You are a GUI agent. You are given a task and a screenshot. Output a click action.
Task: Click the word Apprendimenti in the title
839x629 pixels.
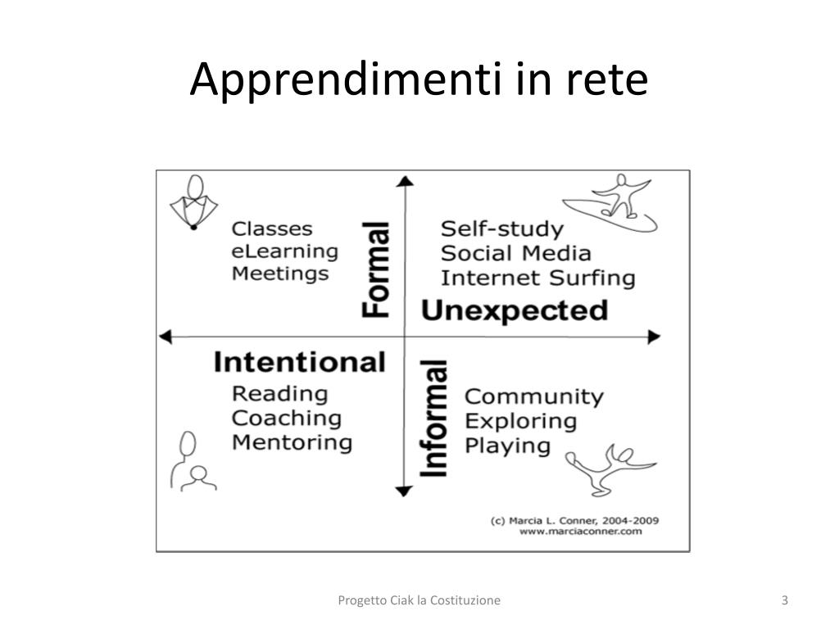346,79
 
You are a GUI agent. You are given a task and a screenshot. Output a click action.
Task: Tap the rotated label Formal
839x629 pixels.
375,269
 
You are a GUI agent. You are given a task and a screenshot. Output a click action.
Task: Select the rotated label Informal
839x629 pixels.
433,419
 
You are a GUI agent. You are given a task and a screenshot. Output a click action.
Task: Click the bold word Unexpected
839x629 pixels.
515,310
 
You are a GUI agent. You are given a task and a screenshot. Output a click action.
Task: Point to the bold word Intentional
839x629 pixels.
300,362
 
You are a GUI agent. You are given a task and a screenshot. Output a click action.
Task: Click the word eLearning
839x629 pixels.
284,252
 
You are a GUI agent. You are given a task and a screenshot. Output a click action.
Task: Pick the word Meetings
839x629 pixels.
280,274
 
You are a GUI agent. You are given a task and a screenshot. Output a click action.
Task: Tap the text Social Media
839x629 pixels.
516,254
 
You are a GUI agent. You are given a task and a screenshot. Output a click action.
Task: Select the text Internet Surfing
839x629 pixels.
538,278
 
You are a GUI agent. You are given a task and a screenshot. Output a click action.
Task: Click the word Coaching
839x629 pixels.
287,419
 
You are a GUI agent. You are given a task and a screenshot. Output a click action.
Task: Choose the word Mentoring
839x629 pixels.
293,443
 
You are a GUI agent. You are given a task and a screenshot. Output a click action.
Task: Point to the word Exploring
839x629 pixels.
520,422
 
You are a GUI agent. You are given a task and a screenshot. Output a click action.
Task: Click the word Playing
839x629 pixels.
507,446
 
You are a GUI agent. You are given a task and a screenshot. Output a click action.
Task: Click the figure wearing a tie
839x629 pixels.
193,202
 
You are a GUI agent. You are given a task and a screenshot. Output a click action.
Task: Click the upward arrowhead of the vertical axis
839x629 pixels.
405,181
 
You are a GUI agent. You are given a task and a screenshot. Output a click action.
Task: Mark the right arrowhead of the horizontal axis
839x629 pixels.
655,337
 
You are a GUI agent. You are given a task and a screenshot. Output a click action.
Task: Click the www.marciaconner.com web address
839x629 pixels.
581,532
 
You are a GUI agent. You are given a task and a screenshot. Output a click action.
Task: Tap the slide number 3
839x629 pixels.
784,600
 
